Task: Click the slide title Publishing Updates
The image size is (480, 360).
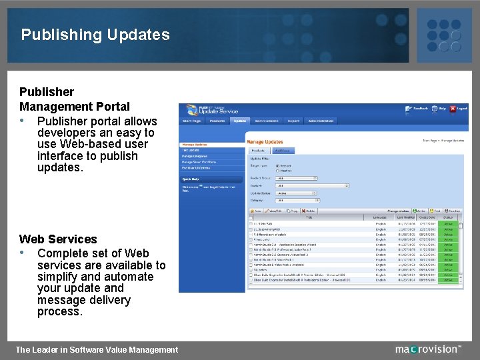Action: [95, 35]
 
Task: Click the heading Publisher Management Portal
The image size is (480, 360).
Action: [75, 99]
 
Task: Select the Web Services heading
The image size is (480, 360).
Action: [58, 239]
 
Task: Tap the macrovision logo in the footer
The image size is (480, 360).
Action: [427, 349]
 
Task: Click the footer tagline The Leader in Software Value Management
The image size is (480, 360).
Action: [97, 349]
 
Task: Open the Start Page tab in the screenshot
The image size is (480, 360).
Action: [192, 121]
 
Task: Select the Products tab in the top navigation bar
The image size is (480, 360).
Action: [217, 121]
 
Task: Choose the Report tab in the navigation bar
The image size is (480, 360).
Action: [293, 121]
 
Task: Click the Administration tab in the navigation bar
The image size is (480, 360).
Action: [321, 121]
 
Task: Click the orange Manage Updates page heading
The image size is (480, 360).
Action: [265, 142]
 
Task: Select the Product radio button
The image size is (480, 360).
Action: [278, 166]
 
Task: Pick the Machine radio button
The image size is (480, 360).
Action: [278, 171]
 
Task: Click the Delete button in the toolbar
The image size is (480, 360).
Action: [309, 211]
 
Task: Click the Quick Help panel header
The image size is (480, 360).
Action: [190, 179]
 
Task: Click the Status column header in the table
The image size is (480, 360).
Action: [448, 217]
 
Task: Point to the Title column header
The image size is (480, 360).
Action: [309, 217]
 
